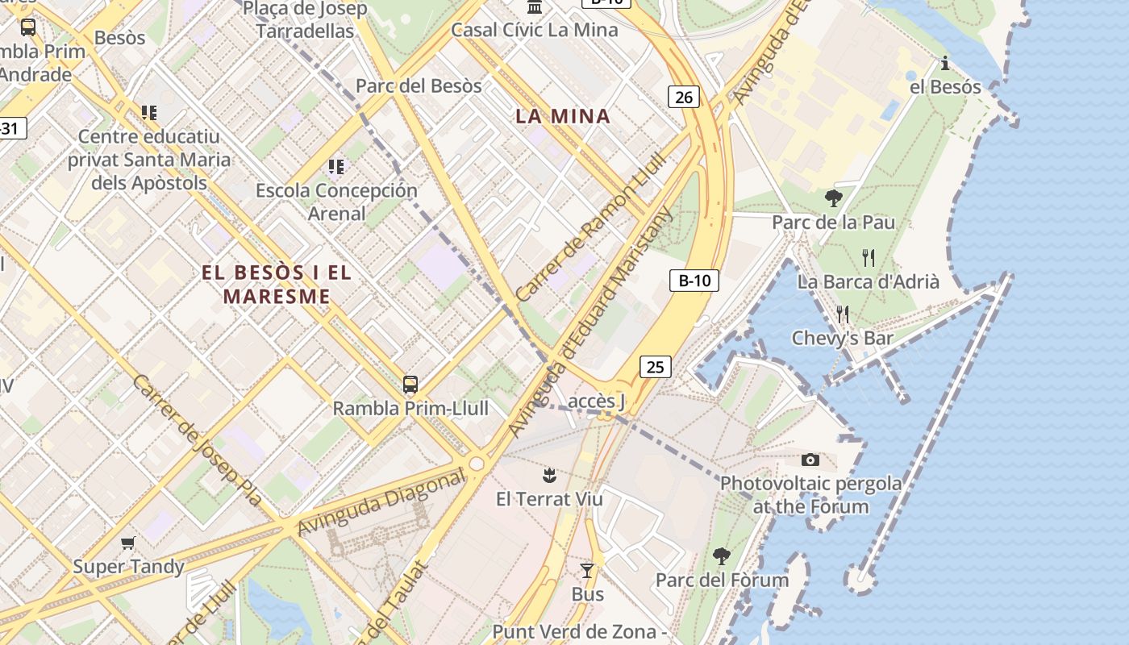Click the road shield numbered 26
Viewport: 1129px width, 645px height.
click(x=683, y=98)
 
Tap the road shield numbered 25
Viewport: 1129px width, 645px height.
click(x=655, y=367)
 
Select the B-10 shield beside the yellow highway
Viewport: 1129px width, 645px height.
click(x=694, y=281)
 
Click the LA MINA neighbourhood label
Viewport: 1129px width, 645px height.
click(x=563, y=116)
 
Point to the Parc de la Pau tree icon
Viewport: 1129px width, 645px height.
click(x=834, y=198)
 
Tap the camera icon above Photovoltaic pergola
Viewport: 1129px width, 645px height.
click(x=810, y=460)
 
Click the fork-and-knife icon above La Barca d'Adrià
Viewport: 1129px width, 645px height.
click(x=868, y=258)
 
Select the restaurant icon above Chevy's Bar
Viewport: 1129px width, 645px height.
click(x=843, y=314)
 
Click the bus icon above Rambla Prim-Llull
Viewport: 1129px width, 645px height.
click(x=410, y=384)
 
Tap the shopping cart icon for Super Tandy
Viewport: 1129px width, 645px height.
click(x=128, y=543)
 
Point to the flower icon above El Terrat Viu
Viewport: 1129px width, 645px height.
click(x=549, y=473)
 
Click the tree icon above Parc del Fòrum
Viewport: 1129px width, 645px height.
click(x=722, y=556)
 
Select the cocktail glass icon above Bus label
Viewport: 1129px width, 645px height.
click(x=587, y=571)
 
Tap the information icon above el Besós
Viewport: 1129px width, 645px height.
click(x=945, y=63)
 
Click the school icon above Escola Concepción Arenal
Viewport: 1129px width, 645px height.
click(x=336, y=167)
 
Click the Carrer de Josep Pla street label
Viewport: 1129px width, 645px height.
click(x=198, y=440)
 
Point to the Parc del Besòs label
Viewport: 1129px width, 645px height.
click(x=419, y=85)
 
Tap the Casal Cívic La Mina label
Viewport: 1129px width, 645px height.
click(x=534, y=30)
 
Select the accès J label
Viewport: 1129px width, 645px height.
click(x=597, y=401)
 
